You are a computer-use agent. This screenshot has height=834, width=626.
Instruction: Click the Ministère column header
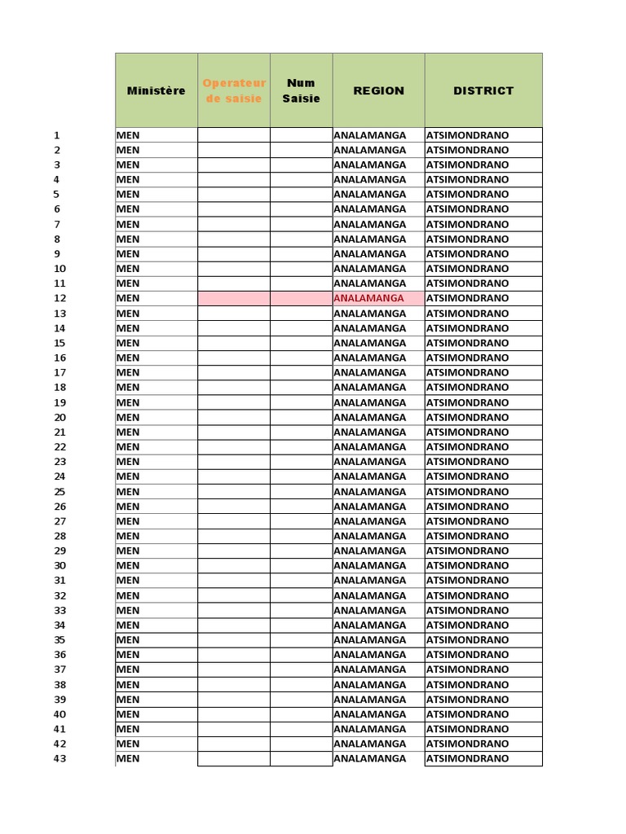coord(156,90)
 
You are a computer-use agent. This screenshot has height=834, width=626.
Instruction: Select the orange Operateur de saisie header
coord(234,90)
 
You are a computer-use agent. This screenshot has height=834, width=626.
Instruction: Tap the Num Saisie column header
coord(301,90)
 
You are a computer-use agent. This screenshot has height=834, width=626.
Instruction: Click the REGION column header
coord(378,90)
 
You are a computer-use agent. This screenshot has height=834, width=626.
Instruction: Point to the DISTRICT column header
coord(483,90)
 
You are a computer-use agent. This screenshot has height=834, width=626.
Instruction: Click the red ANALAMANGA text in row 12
coord(369,298)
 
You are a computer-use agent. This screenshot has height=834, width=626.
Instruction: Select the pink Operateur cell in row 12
coord(234,298)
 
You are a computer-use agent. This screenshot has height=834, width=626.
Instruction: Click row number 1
coord(57,135)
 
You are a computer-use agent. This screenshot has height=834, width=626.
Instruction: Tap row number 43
coord(60,758)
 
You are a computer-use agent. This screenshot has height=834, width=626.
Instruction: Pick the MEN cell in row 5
coord(128,194)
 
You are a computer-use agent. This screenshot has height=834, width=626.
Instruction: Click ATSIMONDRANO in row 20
coord(467,417)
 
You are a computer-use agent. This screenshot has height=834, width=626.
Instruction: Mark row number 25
coord(60,491)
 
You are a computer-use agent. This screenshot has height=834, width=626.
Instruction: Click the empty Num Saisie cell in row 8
coord(301,239)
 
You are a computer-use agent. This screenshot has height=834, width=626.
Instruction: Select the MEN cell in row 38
coord(128,684)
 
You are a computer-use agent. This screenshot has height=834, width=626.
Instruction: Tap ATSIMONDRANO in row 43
coord(467,758)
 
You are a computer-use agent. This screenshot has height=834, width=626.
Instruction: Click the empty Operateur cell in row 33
coord(234,610)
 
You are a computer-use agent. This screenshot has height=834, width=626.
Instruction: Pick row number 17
coord(60,372)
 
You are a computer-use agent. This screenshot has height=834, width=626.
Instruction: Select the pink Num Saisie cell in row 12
coord(301,298)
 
